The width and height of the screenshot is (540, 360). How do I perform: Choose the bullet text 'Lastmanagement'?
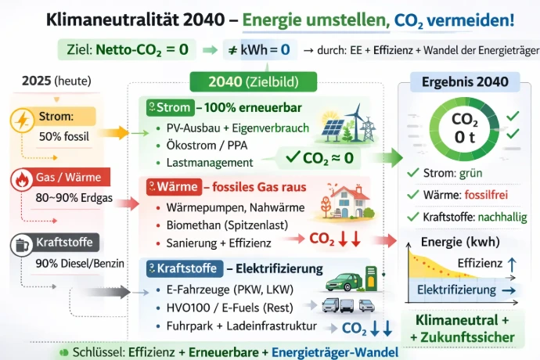pyautogui.click(x=209, y=163)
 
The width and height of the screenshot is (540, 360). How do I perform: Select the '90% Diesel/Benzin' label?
pyautogui.click(x=80, y=263)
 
